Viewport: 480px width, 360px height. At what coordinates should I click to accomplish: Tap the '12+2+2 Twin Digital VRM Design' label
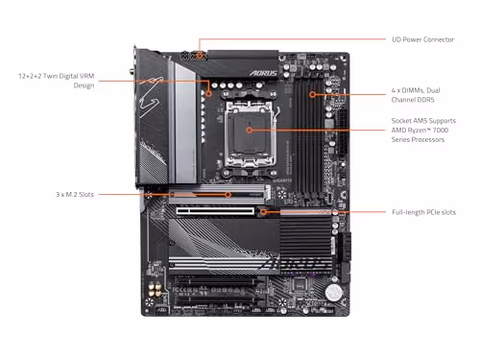54,79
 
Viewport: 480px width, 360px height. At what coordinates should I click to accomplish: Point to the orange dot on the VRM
208,93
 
